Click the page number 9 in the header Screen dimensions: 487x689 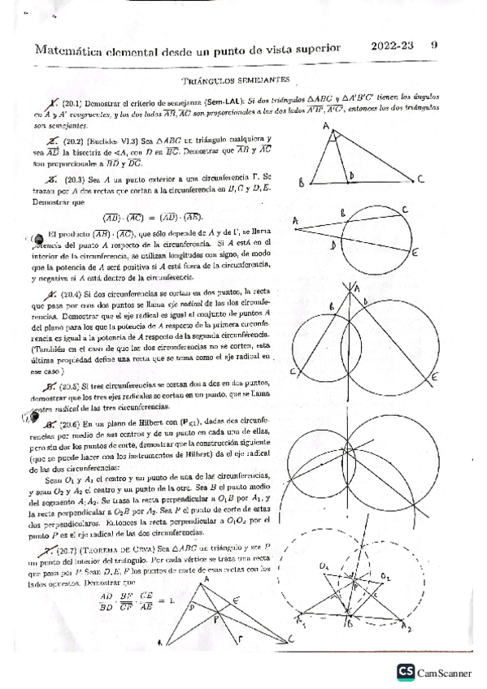coord(434,45)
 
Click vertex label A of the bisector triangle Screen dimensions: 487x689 coord(325,126)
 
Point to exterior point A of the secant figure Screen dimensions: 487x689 coord(294,220)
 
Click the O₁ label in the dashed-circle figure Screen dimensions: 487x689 coord(323,563)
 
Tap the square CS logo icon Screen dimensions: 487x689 coord(404,671)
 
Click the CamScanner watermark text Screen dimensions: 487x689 coord(446,672)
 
